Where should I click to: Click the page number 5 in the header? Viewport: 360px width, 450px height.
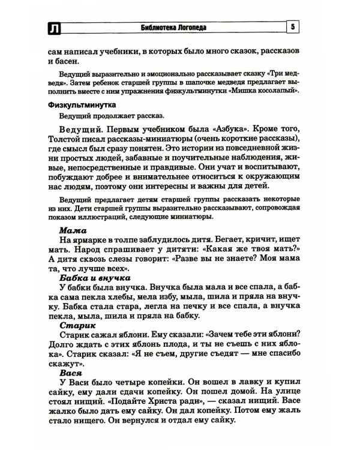coord(292,27)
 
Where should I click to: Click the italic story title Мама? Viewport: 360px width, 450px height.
coord(73,230)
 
